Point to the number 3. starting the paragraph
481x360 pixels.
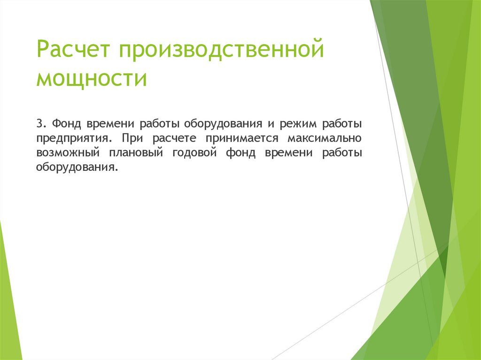tap(41, 124)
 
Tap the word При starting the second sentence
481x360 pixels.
tap(130, 138)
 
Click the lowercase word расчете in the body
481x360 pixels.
tap(171, 138)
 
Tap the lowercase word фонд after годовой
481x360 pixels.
tap(240, 153)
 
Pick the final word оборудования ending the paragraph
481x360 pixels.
tap(76, 168)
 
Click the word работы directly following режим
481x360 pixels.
tap(342, 124)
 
